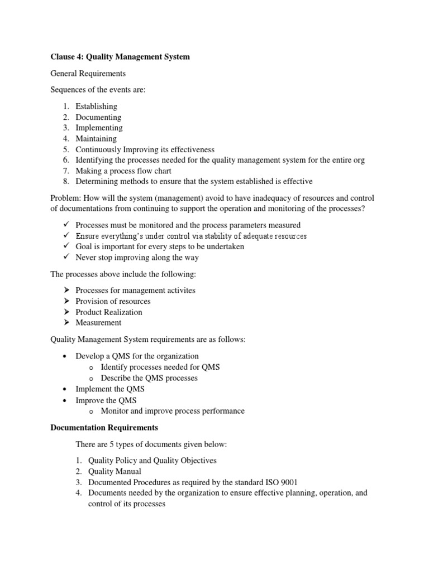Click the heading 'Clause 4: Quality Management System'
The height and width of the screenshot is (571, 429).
(x=120, y=56)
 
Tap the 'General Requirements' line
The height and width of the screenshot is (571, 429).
(x=88, y=73)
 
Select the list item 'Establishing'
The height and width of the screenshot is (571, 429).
(x=96, y=106)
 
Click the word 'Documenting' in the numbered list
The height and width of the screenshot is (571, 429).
(x=98, y=117)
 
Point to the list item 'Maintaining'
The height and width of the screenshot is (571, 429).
(x=96, y=138)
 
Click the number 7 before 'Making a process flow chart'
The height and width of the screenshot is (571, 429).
(x=65, y=171)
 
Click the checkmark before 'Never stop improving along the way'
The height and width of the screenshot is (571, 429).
(x=65, y=257)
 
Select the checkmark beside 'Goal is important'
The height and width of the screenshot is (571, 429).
(x=65, y=246)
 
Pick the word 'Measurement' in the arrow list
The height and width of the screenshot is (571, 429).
(x=98, y=322)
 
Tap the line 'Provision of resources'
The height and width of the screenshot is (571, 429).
(x=113, y=301)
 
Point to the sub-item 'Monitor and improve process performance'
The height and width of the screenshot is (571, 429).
(x=173, y=411)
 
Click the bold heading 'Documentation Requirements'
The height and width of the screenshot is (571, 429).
(x=104, y=428)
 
